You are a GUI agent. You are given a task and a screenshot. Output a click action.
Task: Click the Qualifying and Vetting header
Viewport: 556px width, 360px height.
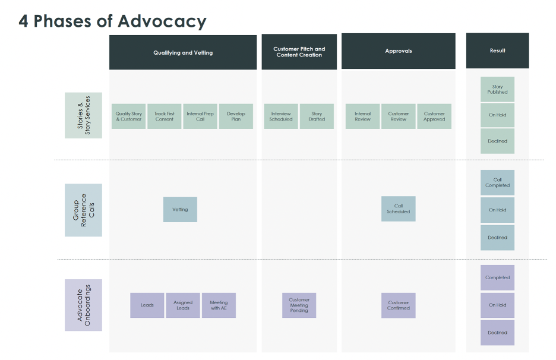point(183,52)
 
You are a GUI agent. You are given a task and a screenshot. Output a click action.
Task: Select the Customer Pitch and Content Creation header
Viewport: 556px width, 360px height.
point(299,52)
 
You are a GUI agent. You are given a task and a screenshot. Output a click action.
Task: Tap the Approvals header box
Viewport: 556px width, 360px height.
point(399,51)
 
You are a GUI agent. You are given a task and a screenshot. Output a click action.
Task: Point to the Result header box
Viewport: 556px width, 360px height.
point(498,50)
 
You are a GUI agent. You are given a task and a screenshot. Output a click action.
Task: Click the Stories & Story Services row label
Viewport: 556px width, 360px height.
point(83,115)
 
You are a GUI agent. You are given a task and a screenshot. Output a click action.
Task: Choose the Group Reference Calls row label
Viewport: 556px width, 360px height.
point(83,210)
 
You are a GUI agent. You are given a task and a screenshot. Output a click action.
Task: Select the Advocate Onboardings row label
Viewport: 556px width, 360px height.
point(83,305)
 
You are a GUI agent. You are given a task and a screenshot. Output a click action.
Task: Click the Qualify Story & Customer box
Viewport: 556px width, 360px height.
point(128,116)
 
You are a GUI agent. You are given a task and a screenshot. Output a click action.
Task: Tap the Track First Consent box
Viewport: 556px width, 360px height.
point(164,116)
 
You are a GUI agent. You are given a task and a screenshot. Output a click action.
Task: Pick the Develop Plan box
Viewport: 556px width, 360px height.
point(236,116)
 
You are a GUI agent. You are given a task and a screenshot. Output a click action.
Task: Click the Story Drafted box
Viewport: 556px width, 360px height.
point(317,116)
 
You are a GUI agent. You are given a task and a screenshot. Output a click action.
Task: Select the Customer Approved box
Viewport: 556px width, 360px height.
point(434,116)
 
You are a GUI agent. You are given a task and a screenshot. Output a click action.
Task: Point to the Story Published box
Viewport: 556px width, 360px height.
point(498,89)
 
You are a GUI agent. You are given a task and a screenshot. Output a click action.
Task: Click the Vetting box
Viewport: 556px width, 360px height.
point(180,210)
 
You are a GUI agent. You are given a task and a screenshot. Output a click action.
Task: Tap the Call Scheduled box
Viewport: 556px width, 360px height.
point(399,209)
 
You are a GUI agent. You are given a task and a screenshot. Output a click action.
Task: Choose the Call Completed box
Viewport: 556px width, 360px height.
point(498,182)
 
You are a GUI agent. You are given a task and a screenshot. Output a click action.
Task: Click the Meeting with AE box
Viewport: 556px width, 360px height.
point(219,305)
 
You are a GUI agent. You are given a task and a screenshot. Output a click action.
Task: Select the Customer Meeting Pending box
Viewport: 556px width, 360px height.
point(299,305)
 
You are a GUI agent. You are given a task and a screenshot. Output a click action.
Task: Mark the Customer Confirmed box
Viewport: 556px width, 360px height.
point(399,305)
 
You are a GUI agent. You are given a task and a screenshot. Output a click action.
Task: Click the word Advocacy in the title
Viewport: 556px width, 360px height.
point(162,21)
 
